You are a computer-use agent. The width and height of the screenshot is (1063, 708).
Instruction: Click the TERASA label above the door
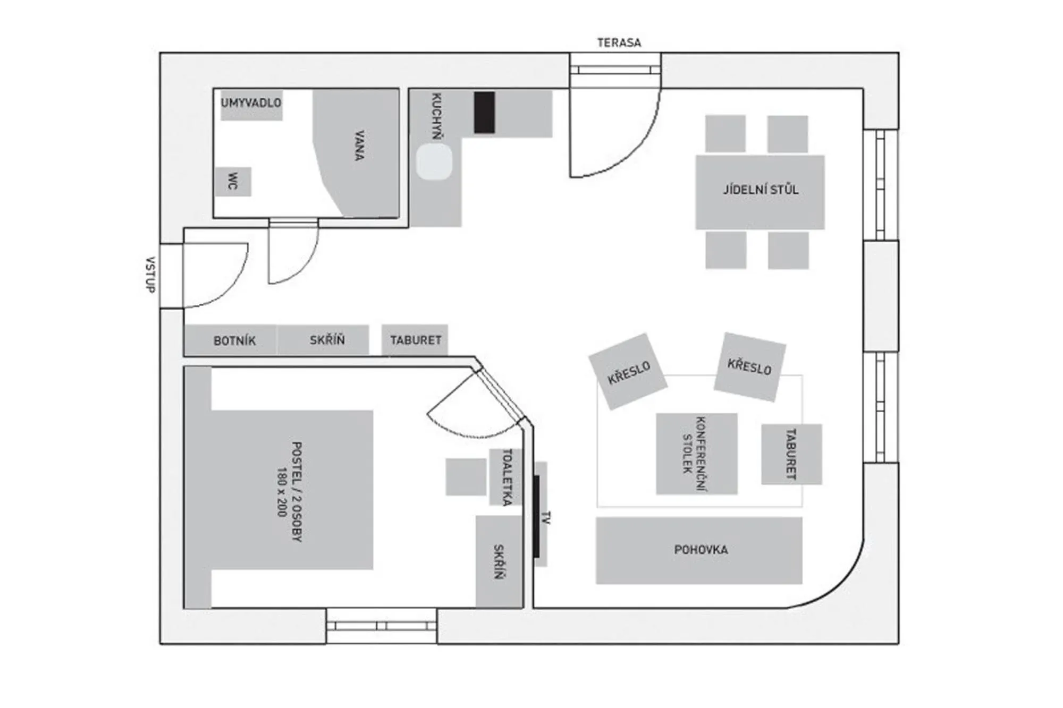coord(619,42)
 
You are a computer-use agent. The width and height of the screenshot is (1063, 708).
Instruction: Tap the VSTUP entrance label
coord(150,275)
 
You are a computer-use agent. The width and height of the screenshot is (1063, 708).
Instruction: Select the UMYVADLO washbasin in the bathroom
coord(251,104)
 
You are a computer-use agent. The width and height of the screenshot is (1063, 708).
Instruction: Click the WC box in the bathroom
coord(233,182)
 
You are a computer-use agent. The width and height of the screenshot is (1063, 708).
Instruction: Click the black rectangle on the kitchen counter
coord(484,112)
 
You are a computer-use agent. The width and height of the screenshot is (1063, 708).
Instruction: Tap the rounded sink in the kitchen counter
coord(434,163)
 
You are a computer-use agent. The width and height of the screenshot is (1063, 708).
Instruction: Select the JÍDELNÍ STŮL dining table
coord(760,191)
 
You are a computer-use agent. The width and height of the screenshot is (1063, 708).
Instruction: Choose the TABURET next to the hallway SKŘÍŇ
coord(415,340)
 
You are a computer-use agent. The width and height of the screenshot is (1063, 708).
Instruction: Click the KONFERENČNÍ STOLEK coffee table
coord(696,454)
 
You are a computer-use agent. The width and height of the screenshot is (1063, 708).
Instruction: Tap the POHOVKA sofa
coord(699,550)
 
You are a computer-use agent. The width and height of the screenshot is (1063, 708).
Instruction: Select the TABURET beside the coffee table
coord(791,454)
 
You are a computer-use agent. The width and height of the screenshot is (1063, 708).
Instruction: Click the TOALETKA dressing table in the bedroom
coord(505,476)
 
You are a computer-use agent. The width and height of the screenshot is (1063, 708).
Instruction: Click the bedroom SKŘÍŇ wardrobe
coord(499,561)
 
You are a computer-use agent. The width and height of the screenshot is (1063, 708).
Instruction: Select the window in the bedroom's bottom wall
coord(381,626)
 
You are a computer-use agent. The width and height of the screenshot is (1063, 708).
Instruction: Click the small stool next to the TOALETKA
coord(466,477)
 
